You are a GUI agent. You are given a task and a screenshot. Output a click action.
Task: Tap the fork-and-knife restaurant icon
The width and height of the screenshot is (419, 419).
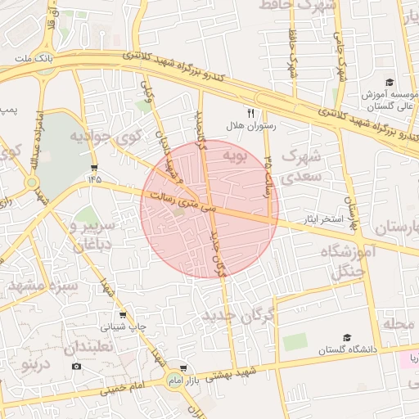251,113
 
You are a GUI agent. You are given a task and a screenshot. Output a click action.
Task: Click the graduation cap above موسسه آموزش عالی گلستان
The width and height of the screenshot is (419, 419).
390,82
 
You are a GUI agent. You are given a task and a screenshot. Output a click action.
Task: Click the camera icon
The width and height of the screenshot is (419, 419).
76,365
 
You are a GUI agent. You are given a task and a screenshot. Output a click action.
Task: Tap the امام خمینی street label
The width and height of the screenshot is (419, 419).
123,388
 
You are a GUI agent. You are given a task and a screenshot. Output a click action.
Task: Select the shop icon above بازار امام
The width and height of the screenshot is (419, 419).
183,368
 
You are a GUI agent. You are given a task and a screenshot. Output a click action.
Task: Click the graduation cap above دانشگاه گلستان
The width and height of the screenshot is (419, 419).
346,336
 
